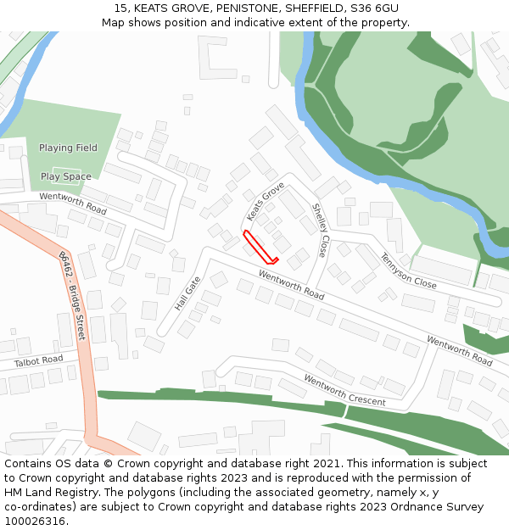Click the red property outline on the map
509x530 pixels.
(x=260, y=247)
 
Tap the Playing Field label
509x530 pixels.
(x=68, y=148)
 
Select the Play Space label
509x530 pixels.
(x=65, y=177)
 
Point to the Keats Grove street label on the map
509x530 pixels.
(x=266, y=200)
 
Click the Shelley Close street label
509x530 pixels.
(x=320, y=230)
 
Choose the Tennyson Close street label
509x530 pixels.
(x=408, y=271)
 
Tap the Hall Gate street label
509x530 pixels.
(x=187, y=293)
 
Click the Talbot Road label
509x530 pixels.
(x=39, y=360)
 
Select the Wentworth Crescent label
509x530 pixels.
(x=344, y=390)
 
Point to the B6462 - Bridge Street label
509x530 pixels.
(x=72, y=295)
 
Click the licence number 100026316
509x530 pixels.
(x=35, y=522)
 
